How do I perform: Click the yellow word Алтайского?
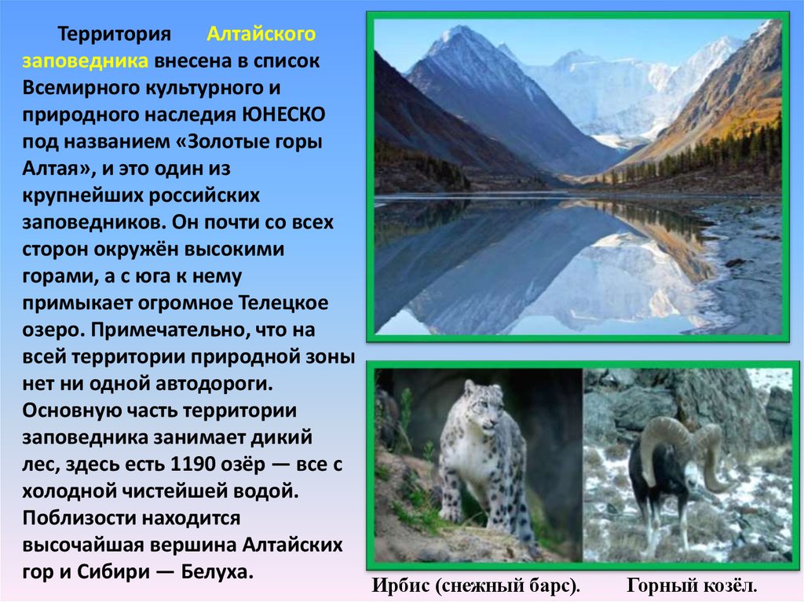pos(261,34)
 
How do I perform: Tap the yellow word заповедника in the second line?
pos(85,61)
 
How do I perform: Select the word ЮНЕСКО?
pos(283,115)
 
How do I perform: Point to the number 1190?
pos(192,464)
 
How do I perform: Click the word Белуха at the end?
pos(217,571)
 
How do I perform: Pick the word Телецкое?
pos(283,302)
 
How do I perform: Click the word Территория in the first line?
pos(114,35)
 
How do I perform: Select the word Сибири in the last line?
pos(114,571)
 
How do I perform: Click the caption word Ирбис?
pos(401,585)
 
